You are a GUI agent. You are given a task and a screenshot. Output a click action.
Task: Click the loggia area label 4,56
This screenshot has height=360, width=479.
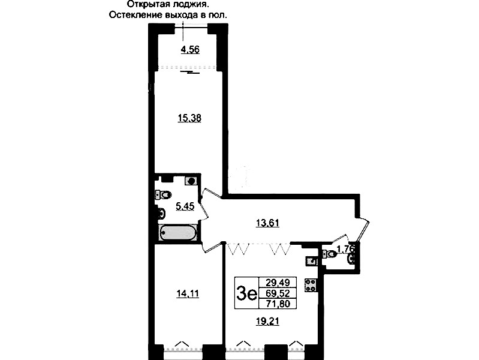(190, 49)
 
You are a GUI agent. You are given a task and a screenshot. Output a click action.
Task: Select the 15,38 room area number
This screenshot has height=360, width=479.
(189, 118)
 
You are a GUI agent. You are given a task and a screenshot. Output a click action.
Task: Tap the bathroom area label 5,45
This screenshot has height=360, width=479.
(185, 206)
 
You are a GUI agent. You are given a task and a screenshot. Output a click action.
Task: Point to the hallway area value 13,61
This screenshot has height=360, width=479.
(267, 223)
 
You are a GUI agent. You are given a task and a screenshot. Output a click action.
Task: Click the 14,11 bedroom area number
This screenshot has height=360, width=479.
(188, 293)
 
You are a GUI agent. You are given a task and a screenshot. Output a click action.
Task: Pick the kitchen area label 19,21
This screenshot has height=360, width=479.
(267, 322)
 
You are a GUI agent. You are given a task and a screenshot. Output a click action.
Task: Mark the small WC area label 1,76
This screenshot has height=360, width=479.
(346, 249)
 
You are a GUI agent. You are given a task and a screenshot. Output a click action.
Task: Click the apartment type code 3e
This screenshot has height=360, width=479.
(246, 293)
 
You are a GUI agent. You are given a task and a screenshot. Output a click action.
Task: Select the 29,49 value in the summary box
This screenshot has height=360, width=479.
(278, 281)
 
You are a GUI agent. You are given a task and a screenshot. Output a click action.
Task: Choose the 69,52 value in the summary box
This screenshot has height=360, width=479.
(278, 293)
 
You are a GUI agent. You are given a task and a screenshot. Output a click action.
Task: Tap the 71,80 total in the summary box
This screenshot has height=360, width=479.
(278, 304)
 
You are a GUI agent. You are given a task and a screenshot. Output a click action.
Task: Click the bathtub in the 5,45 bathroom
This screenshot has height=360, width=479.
(177, 233)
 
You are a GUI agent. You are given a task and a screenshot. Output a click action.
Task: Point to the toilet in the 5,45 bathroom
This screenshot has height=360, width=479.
(164, 194)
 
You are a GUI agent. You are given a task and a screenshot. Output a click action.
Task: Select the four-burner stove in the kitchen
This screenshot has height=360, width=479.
(311, 285)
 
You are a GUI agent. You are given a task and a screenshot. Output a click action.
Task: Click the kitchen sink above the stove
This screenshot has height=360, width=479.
(311, 261)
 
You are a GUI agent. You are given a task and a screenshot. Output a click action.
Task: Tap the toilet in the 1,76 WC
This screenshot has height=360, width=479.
(329, 254)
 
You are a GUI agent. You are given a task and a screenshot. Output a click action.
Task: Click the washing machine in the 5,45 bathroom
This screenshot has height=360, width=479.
(191, 181)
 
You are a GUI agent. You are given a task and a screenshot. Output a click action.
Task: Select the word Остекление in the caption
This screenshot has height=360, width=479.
(128, 15)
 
